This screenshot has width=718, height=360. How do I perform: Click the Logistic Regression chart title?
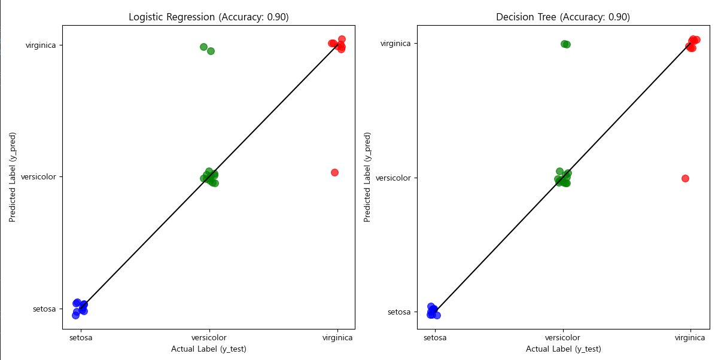[208, 17]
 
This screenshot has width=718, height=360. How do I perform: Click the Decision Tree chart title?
[562, 17]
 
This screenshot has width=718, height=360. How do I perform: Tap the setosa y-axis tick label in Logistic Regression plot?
[44, 309]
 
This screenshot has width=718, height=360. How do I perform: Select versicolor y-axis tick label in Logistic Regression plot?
[38, 177]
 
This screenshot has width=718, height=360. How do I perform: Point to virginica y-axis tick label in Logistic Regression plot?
[41, 45]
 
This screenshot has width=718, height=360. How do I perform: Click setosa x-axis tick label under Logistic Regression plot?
[80, 338]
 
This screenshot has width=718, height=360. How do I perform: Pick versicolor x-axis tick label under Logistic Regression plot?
[209, 338]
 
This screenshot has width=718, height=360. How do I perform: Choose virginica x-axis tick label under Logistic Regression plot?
[337, 338]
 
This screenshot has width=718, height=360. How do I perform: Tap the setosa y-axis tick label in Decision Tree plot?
[400, 312]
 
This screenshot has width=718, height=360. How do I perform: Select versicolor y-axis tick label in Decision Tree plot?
[393, 178]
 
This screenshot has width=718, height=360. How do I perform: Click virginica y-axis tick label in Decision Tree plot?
[395, 43]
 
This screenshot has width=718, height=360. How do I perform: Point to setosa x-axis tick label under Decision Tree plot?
[435, 338]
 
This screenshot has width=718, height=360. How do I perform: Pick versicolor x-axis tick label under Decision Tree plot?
[562, 338]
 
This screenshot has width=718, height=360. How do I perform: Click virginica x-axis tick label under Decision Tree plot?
[690, 338]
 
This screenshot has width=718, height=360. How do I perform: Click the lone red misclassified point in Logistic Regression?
[334, 172]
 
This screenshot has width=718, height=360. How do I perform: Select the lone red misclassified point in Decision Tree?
[685, 178]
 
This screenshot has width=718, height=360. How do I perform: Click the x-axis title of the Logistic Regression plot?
[208, 349]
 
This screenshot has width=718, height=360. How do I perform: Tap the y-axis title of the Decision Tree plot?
[367, 177]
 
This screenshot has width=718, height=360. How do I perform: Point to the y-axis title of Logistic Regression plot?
[13, 177]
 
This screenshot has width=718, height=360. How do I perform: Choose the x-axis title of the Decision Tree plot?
[563, 349]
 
